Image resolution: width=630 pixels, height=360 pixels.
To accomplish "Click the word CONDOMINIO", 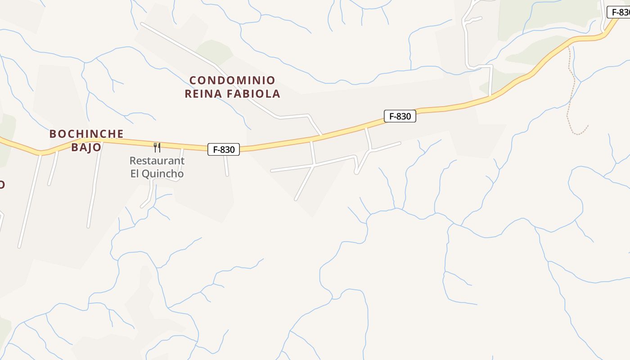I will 232,81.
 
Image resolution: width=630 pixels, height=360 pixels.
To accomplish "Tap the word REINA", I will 203,94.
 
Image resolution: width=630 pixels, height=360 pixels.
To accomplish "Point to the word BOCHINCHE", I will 86,134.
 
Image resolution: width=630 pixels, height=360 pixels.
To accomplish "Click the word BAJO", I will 86,147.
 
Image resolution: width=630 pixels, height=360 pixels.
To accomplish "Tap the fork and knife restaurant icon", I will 157,147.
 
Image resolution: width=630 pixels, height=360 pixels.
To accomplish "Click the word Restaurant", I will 157,161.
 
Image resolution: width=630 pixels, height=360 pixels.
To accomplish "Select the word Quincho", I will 163,174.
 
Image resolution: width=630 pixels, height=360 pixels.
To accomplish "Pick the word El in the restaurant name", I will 135,174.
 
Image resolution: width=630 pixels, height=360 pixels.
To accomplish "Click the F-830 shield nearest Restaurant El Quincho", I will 224,149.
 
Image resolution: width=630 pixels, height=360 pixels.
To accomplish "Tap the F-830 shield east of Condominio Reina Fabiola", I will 400,116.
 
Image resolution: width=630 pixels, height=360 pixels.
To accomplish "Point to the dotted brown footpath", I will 570,90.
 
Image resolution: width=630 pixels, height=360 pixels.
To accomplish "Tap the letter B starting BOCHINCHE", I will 53,134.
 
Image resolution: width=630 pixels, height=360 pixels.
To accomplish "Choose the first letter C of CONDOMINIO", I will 193,81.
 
